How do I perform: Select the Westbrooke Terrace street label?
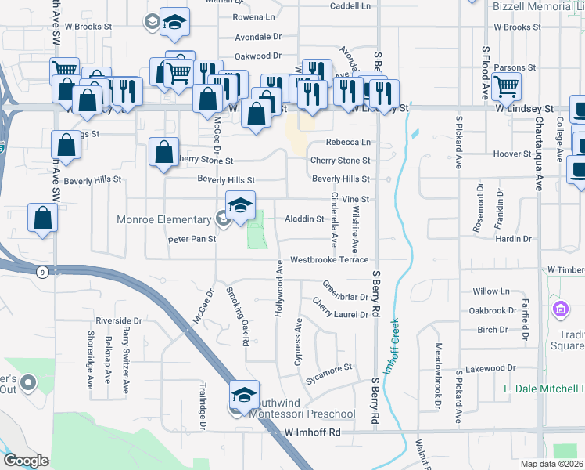click(x=328, y=259)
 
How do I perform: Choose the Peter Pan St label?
click(x=192, y=239)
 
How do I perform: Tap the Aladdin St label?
click(x=303, y=219)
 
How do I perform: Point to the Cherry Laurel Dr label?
click(x=339, y=308)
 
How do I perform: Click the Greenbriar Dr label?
click(x=345, y=291)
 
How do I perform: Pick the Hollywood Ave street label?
click(x=279, y=288)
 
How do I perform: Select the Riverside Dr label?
click(x=119, y=321)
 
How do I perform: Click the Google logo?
click(x=26, y=461)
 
